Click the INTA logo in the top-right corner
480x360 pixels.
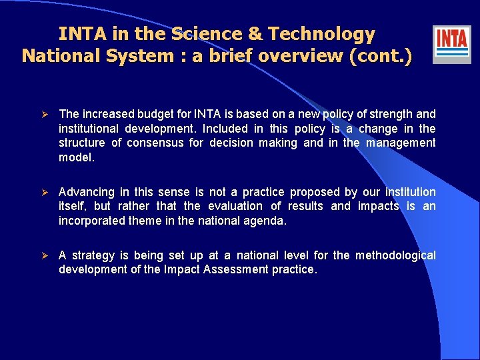click(451, 44)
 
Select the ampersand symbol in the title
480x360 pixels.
click(252, 34)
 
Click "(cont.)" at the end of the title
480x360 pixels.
click(380, 55)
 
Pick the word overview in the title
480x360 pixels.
click(301, 55)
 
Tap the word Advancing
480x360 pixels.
click(87, 192)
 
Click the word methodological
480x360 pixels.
click(395, 255)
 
